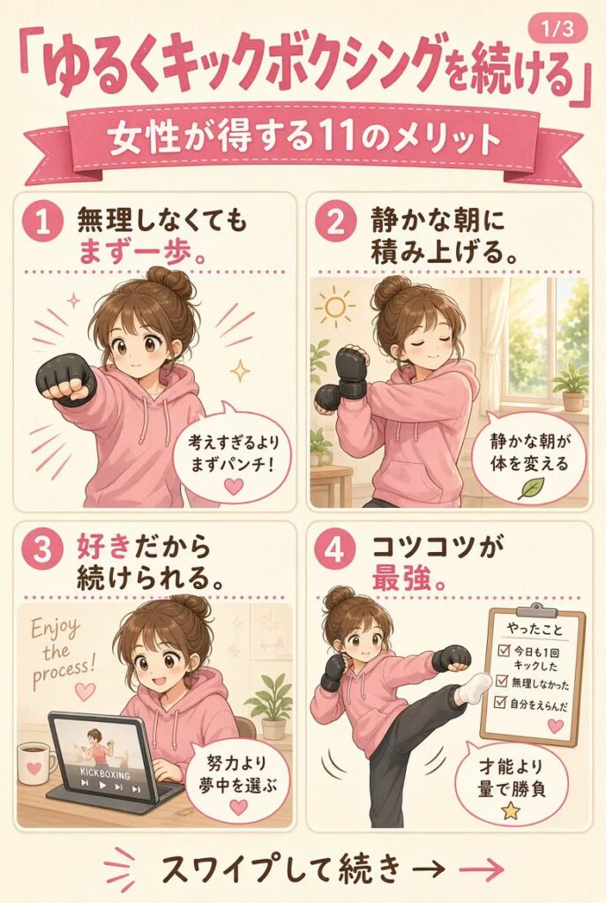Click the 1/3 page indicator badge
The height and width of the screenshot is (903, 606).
tap(557, 28)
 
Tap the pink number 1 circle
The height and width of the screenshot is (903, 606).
tap(42, 223)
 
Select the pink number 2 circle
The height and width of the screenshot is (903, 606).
tap(334, 223)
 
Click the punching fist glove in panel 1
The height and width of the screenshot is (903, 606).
tap(66, 381)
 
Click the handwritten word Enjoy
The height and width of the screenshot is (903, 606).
tap(56, 629)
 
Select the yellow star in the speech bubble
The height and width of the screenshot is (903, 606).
tap(510, 811)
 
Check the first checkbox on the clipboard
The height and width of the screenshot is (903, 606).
tap(503, 651)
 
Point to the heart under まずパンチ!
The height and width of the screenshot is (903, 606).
tap(234, 487)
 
